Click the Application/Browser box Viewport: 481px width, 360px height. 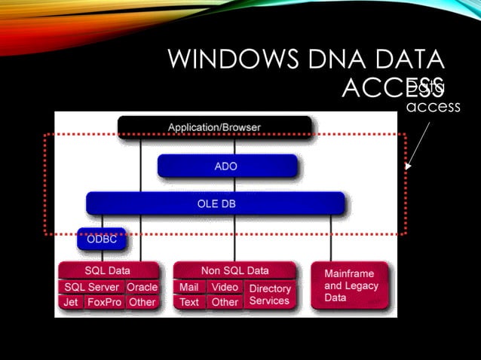pyautogui.click(x=214, y=127)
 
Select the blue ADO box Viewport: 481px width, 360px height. pyautogui.click(x=227, y=166)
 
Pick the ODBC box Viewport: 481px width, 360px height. pyautogui.click(x=101, y=239)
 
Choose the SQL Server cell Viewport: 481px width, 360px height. pyautogui.click(x=91, y=287)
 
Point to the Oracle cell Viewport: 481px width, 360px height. pyautogui.click(x=142, y=287)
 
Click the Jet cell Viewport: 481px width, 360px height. pyautogui.click(x=70, y=302)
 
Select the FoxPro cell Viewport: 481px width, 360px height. pyautogui.click(x=104, y=302)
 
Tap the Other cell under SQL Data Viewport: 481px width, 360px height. pyautogui.click(x=142, y=302)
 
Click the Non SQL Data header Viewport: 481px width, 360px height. pyautogui.click(x=234, y=270)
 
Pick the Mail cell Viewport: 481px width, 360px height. pyautogui.click(x=189, y=287)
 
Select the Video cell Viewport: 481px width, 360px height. pyautogui.click(x=225, y=287)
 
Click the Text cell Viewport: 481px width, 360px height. pyautogui.click(x=189, y=302)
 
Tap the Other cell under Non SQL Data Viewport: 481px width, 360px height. pyautogui.click(x=225, y=302)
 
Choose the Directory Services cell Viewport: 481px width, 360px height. pyautogui.click(x=269, y=294)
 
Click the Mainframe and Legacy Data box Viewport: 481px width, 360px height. pyautogui.click(x=351, y=286)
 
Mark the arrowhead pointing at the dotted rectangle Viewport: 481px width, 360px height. pyautogui.click(x=409, y=166)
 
